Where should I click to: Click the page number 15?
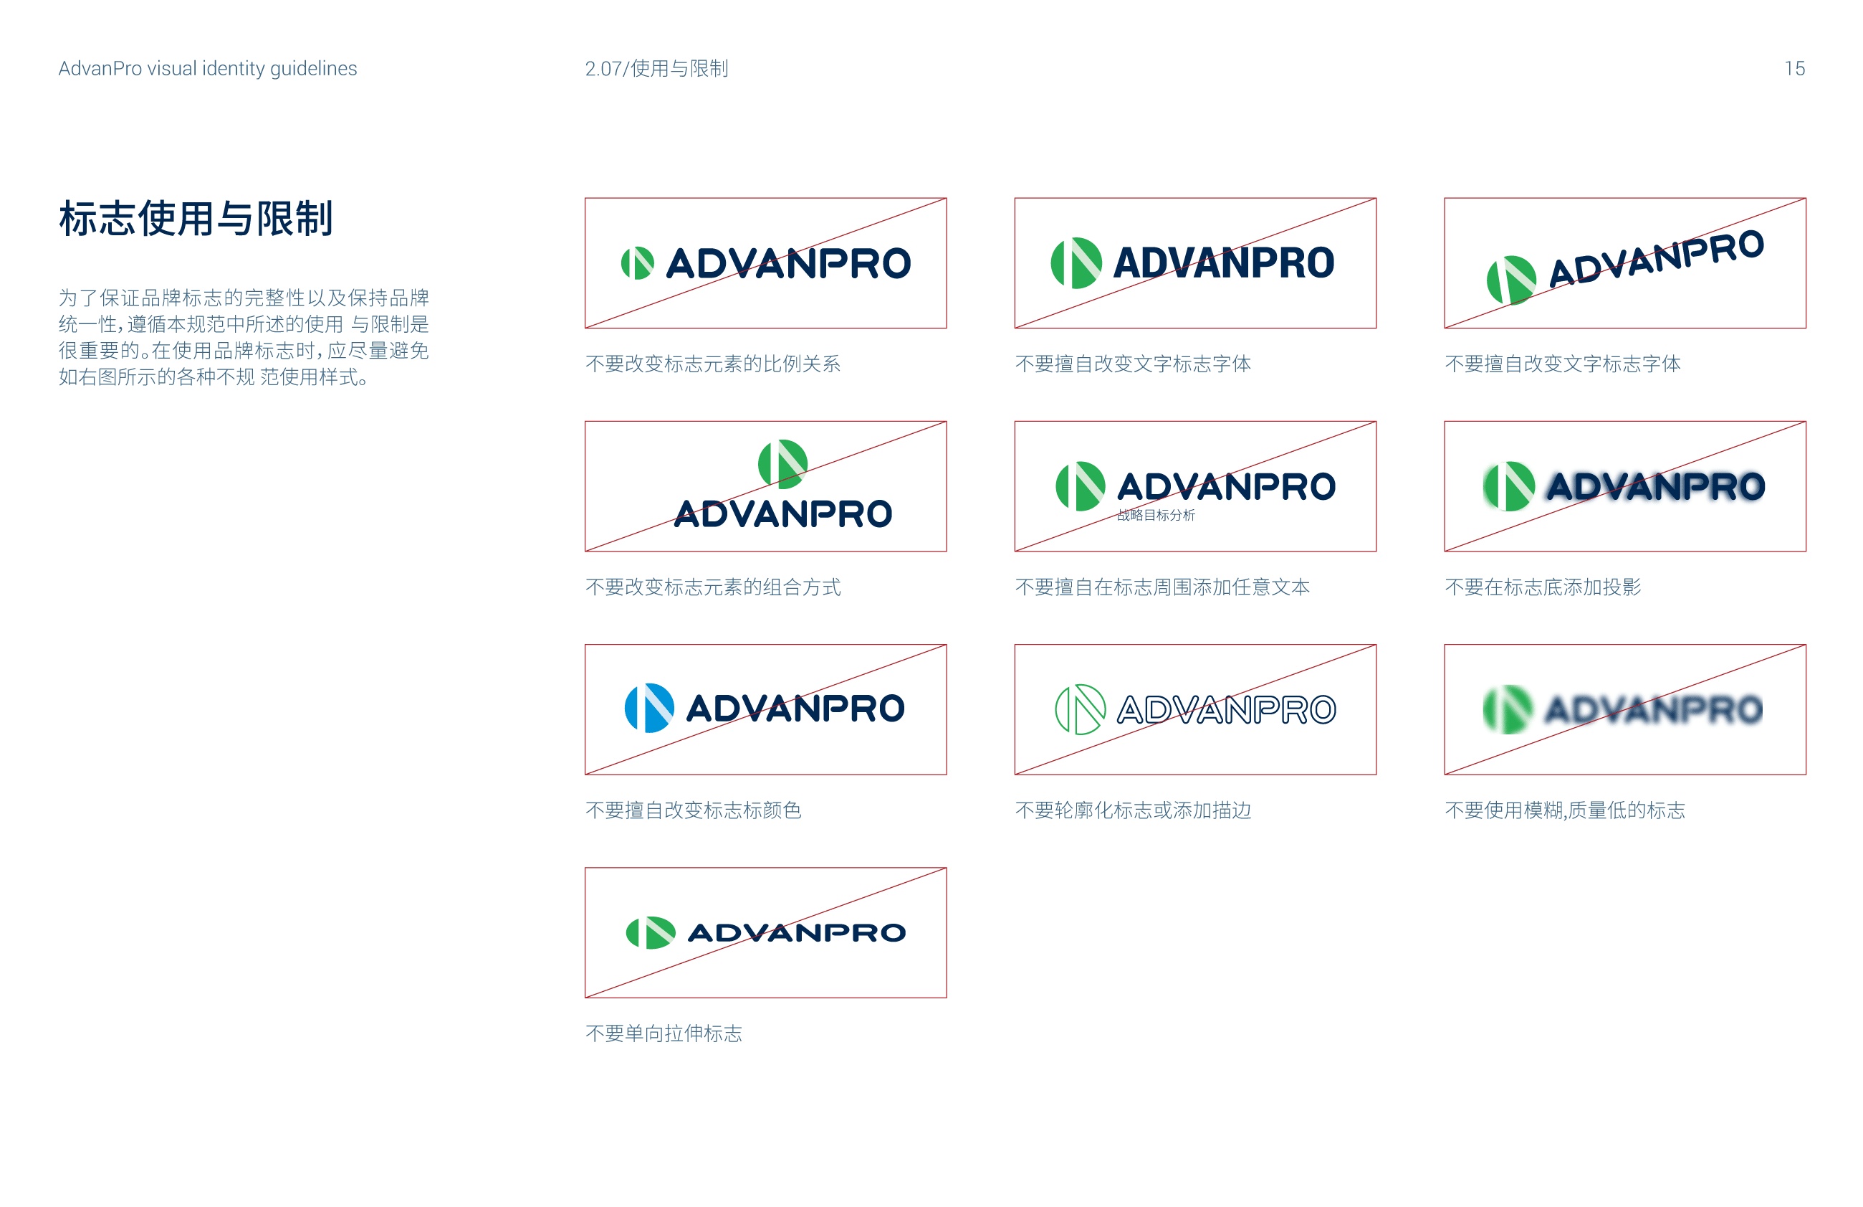[x=1793, y=68]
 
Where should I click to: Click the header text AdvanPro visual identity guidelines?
[x=207, y=68]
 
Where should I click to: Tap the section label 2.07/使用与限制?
[x=656, y=68]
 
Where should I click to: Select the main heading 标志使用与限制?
[x=196, y=218]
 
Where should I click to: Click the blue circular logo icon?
[x=649, y=708]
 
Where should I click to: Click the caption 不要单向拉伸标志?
[x=663, y=1033]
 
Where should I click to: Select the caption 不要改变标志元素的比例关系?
[x=712, y=364]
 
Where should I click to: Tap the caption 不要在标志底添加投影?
[x=1542, y=587]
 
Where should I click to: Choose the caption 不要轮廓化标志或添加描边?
[x=1133, y=810]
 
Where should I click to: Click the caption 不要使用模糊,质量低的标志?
[x=1564, y=810]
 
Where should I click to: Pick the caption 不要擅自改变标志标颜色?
[x=693, y=810]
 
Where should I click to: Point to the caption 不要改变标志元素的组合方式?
[x=712, y=587]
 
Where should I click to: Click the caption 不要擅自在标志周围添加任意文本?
[x=1162, y=587]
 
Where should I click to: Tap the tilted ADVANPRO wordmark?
[x=1656, y=258]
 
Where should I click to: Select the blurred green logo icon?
[x=1508, y=709]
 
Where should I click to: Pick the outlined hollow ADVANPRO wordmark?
[x=1226, y=709]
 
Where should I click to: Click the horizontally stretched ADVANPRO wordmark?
[x=796, y=932]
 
